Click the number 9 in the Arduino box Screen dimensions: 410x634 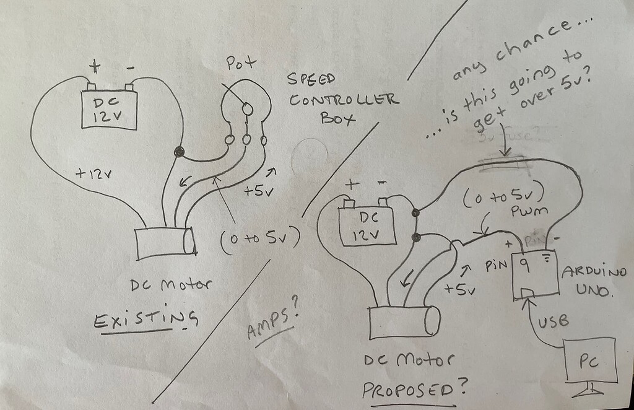pyautogui.click(x=523, y=266)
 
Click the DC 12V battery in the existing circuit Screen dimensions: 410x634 pyautogui.click(x=109, y=109)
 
